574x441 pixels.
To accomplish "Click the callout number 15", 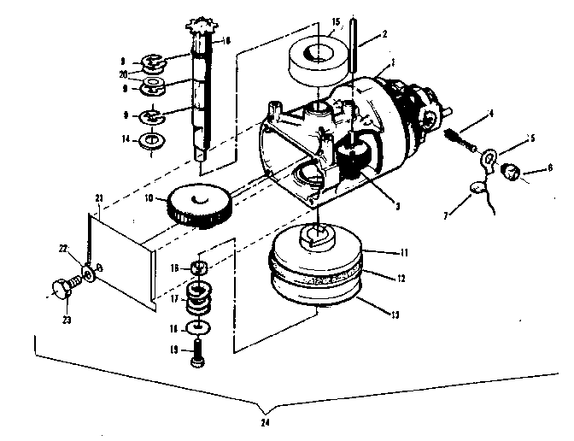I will (337, 20).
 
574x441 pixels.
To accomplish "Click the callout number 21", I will (99, 198).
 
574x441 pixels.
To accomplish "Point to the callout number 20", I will (124, 74).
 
